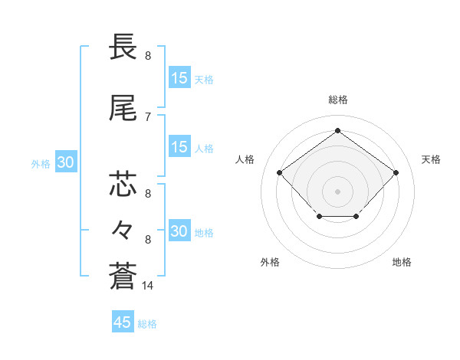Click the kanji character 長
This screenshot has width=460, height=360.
click(123, 48)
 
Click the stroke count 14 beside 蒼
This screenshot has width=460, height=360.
click(148, 286)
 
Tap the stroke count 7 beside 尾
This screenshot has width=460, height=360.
click(148, 116)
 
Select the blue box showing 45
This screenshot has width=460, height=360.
click(123, 322)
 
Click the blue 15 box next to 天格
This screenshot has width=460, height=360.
click(179, 78)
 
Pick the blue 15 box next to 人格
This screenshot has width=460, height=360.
click(179, 147)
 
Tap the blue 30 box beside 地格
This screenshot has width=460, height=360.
click(179, 231)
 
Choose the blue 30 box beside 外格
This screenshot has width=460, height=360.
click(65, 162)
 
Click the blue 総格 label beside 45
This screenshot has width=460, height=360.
click(148, 324)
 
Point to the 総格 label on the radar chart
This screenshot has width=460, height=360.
click(337, 100)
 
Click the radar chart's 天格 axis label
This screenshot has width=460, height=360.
click(432, 159)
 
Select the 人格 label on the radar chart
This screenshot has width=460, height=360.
click(245, 159)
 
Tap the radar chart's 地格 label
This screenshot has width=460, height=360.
click(402, 262)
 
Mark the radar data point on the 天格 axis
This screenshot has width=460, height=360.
click(396, 172)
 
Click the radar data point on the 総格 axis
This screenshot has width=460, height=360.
click(337, 130)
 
